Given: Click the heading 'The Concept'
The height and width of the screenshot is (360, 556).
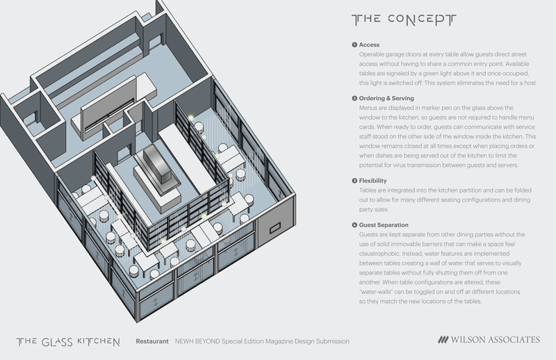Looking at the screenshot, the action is [404, 19].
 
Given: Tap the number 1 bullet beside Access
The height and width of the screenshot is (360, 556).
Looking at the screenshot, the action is [354, 44].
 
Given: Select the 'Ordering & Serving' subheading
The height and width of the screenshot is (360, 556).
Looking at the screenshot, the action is [386, 98].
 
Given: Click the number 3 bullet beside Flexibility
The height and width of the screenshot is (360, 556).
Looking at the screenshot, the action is [354, 181].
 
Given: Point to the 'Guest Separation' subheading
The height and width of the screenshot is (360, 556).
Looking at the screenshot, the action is [384, 225].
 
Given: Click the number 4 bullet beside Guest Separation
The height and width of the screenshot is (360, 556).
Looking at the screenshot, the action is [354, 225].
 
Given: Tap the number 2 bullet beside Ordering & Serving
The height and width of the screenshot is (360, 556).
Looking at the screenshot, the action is [354, 98].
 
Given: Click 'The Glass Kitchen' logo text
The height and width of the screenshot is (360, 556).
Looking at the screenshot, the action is [68, 342].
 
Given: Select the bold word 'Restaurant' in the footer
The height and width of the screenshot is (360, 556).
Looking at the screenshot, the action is [152, 341].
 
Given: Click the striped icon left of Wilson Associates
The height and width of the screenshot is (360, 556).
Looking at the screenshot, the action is [443, 340].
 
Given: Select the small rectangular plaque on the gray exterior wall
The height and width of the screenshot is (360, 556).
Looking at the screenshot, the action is [275, 228].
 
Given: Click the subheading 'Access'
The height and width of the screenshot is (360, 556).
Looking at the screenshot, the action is [369, 44].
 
